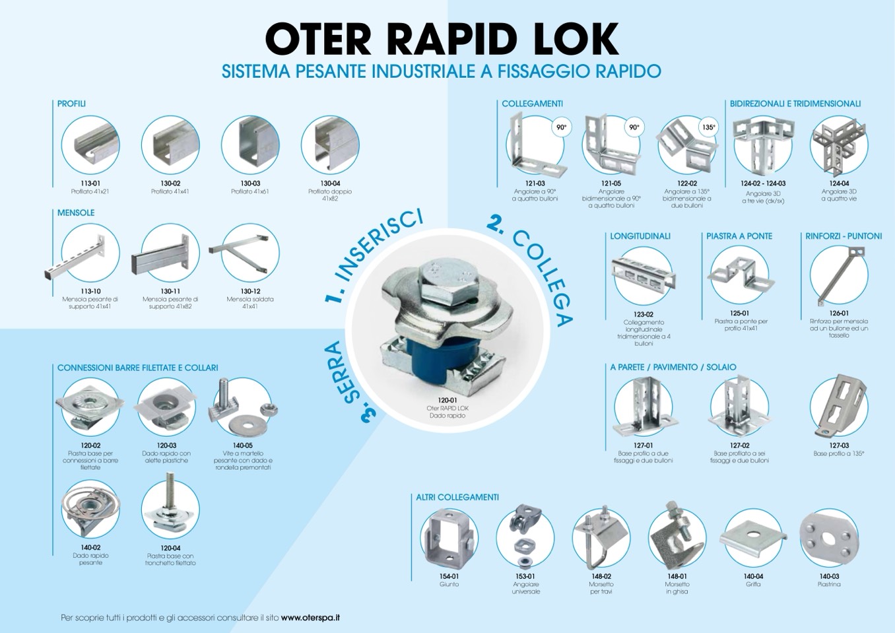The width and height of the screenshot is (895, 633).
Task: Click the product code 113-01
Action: pyautogui.click(x=90, y=183)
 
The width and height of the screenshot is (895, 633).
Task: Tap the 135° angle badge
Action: pyautogui.click(x=708, y=127)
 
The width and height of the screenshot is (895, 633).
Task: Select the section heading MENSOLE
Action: pyautogui.click(x=76, y=213)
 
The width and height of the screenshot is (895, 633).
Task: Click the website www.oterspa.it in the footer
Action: pyautogui.click(x=310, y=617)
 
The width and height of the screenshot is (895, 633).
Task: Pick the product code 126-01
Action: pyautogui.click(x=839, y=314)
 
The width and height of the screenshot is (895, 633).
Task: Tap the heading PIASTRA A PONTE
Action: pyautogui.click(x=739, y=236)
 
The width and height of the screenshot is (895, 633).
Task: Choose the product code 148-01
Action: pyautogui.click(x=677, y=576)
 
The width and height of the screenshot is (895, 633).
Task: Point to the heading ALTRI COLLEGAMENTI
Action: pyautogui.click(x=457, y=497)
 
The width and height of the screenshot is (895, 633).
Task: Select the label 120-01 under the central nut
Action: pyautogui.click(x=447, y=400)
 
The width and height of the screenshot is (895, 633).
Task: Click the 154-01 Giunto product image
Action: pyautogui.click(x=449, y=537)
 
